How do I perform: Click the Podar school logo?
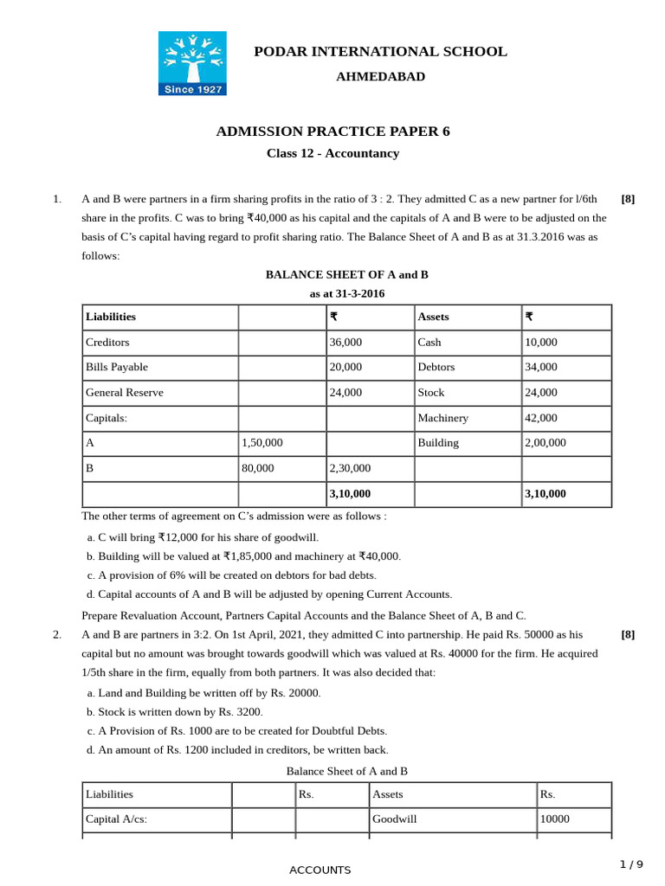point(191,63)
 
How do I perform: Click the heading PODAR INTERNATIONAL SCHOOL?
point(380,52)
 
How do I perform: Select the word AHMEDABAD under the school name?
point(380,77)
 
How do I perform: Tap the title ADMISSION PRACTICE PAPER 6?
point(332,132)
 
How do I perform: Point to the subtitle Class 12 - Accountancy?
point(332,154)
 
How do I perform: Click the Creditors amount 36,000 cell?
point(346,343)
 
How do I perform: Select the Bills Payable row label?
point(117,368)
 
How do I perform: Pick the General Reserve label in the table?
point(125,393)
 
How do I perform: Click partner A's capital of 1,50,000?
point(262,443)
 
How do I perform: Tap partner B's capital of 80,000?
point(258,468)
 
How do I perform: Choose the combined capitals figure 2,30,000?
point(350,468)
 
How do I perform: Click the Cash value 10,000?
point(541,343)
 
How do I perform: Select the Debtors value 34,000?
point(541,368)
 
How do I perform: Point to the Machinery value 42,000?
point(541,418)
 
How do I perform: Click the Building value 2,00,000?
point(546,443)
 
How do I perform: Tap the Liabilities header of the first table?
point(111,318)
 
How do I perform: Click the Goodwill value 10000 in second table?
point(555,819)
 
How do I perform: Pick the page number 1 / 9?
point(631,864)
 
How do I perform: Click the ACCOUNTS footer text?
point(320,870)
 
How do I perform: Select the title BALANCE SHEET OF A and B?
point(346,275)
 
